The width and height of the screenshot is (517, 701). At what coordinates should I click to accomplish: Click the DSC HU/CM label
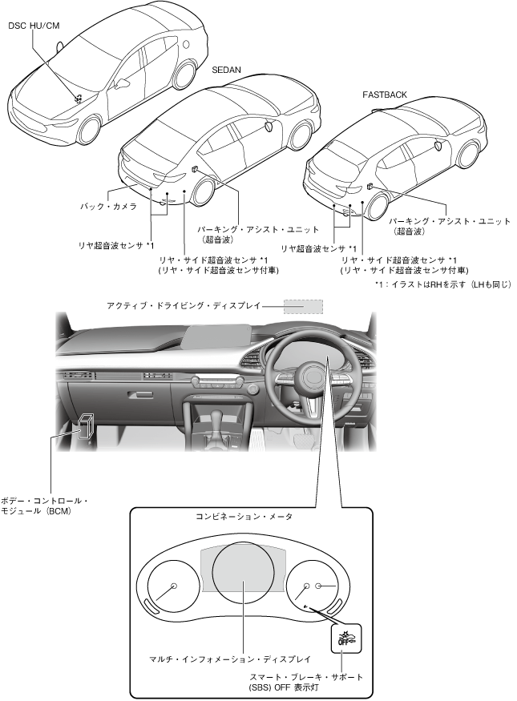point(34,26)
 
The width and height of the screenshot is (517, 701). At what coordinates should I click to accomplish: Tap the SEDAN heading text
point(226,70)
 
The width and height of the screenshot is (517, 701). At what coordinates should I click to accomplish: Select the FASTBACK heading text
point(385,95)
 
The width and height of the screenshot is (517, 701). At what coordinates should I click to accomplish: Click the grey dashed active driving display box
point(305,306)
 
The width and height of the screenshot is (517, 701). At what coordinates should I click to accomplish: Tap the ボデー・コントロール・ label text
point(45,501)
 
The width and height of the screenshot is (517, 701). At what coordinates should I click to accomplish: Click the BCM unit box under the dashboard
point(86,425)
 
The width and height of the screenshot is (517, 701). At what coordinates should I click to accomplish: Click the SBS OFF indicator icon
point(346,638)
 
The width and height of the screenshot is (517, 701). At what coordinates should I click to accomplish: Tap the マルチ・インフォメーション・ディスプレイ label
point(230,659)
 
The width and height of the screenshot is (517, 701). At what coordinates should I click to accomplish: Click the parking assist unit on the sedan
point(196,170)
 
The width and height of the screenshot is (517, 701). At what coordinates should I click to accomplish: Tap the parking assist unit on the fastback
point(370,186)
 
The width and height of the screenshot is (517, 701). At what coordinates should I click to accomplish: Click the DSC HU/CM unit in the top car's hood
point(79,98)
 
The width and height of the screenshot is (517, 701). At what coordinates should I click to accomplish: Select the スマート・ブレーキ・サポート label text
point(306,677)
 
